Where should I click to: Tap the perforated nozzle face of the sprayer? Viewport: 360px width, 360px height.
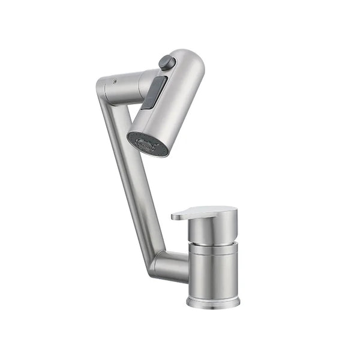click(x=146, y=145)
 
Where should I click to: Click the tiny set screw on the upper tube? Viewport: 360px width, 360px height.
click(x=114, y=80)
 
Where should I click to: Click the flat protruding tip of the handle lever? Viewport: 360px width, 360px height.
click(x=180, y=215)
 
